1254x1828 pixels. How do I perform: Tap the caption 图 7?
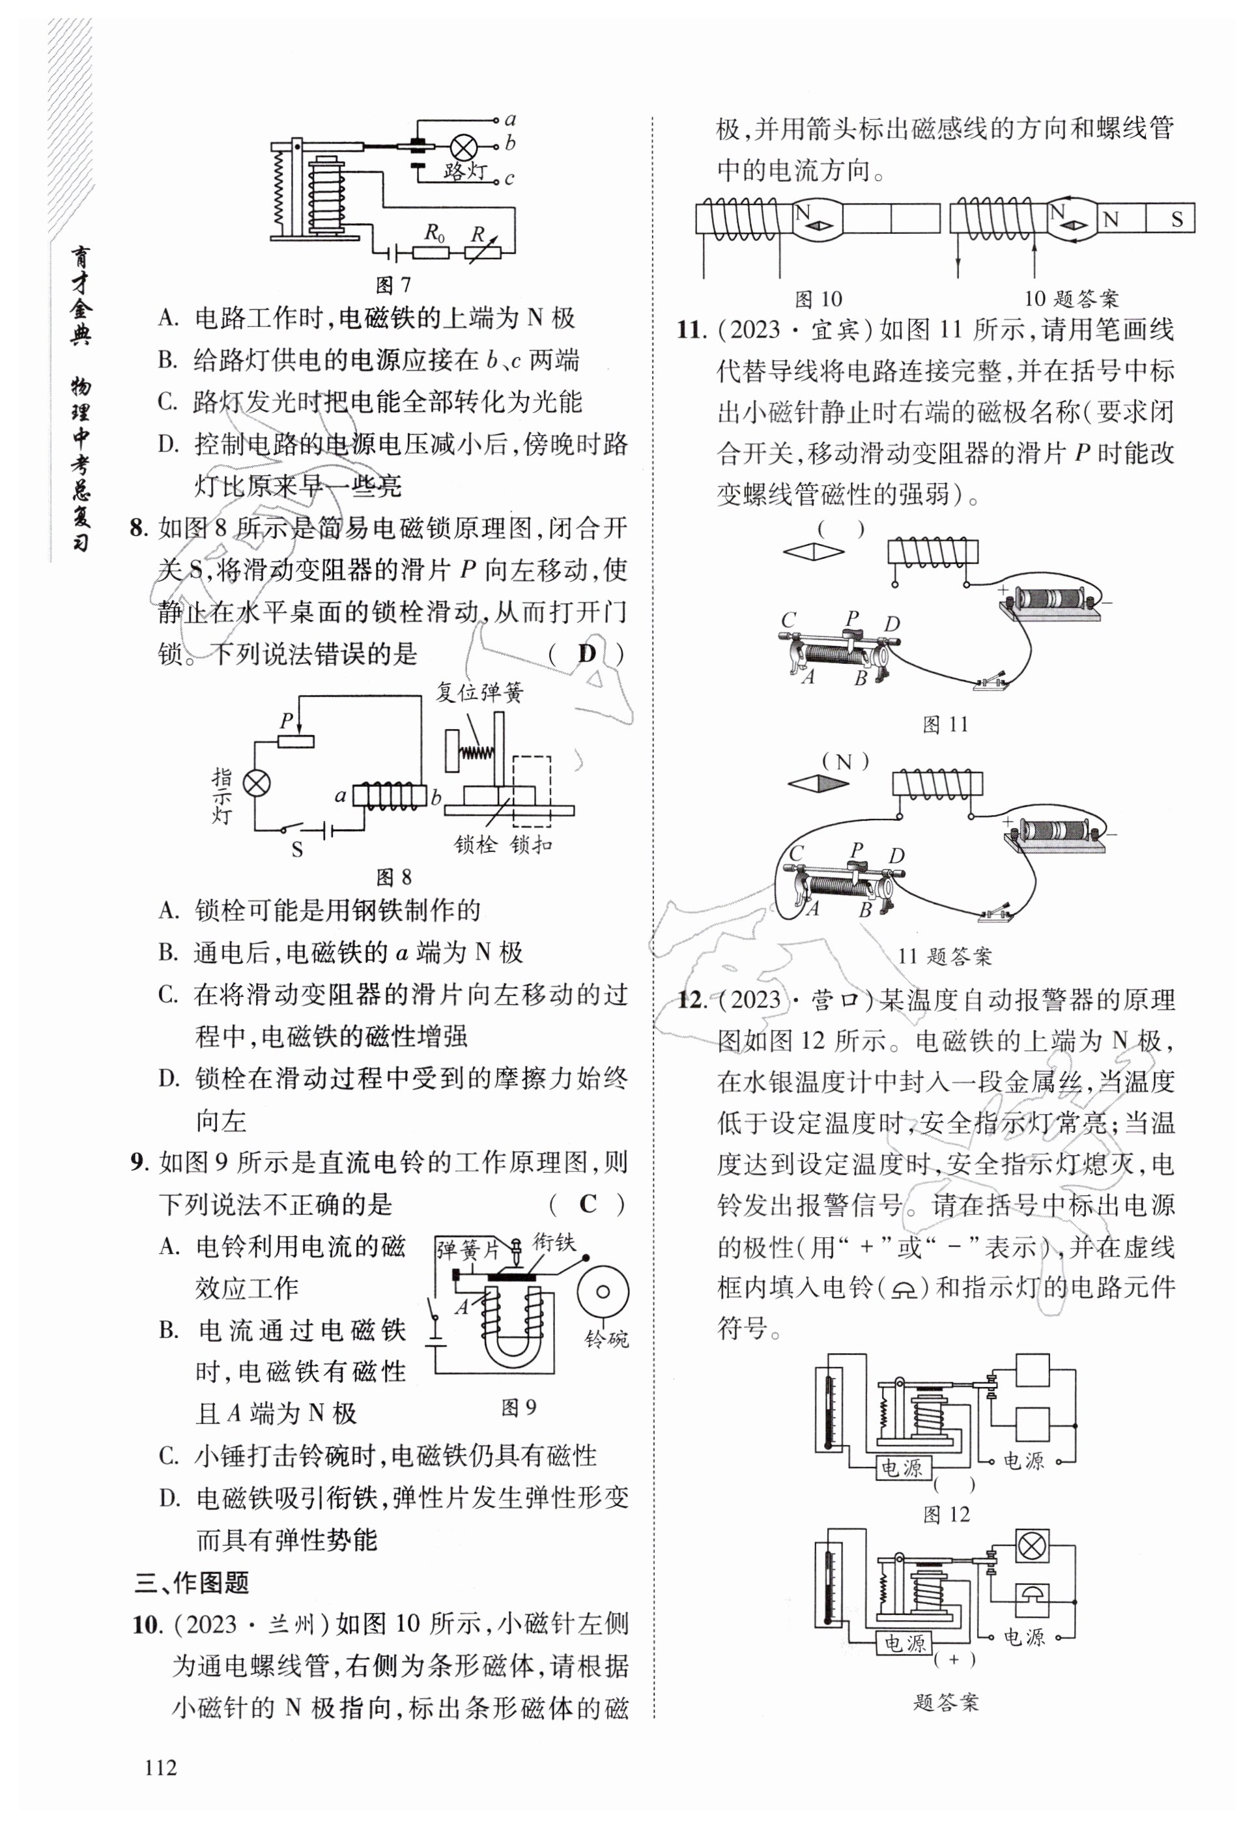393,285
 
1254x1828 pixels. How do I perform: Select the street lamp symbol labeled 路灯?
463,147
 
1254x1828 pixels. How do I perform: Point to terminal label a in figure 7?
510,120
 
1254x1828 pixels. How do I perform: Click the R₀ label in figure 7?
435,233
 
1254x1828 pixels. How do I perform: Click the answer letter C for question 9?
587,1205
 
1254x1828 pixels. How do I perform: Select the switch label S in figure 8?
297,850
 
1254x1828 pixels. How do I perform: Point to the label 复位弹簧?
480,693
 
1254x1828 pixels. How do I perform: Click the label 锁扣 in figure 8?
531,845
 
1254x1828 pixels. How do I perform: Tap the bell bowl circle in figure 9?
603,1292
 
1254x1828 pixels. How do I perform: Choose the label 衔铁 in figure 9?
554,1243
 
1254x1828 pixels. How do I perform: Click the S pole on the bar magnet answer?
1177,220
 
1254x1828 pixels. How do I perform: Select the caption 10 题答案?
1071,299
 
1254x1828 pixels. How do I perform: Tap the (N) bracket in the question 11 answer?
845,762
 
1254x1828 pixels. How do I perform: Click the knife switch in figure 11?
990,683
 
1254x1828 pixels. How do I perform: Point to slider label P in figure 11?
851,618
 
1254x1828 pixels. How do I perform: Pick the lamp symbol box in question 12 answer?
1031,1547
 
